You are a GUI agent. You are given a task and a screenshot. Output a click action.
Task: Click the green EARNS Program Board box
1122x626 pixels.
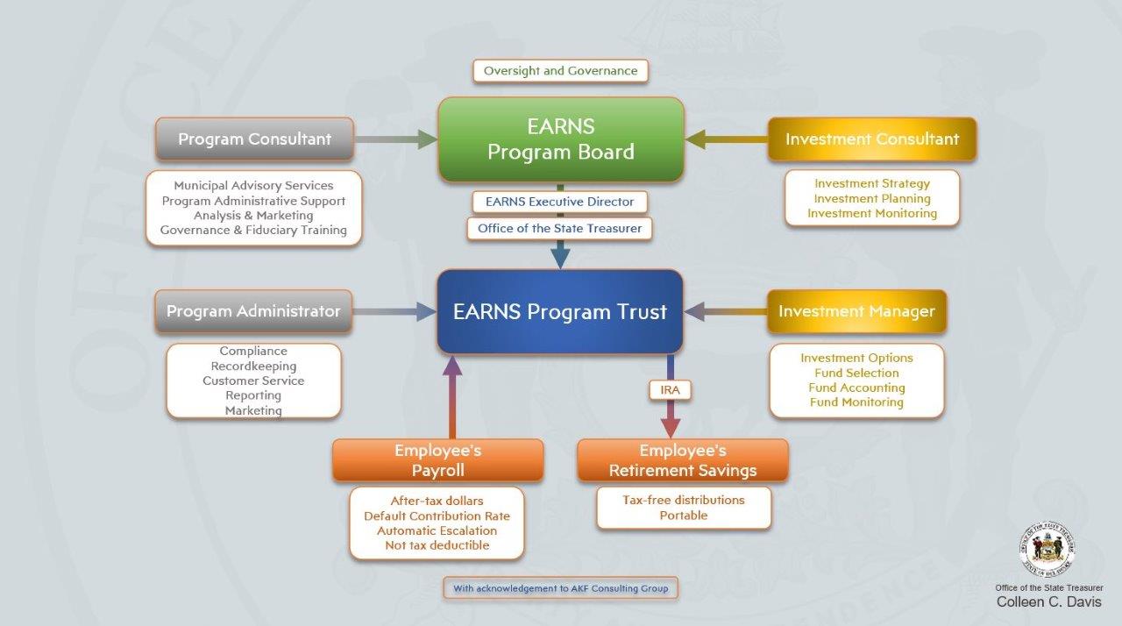pyautogui.click(x=561, y=139)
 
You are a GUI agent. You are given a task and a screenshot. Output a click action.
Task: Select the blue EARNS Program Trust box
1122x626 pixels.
pyautogui.click(x=560, y=311)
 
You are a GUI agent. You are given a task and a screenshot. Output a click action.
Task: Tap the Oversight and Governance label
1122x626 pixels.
pyautogui.click(x=561, y=71)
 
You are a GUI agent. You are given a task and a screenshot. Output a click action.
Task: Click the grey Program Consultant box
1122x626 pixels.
pyautogui.click(x=254, y=139)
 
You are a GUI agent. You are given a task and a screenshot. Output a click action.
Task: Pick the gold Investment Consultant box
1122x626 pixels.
pyautogui.click(x=871, y=139)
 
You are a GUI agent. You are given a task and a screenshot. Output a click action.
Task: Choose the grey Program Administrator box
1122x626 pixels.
pyautogui.click(x=253, y=311)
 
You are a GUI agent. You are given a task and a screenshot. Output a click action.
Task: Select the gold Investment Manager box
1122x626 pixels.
pyautogui.click(x=856, y=311)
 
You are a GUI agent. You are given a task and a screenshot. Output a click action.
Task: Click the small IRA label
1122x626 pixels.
pyautogui.click(x=670, y=389)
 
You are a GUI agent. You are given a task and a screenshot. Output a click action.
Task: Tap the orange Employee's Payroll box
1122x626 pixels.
pyautogui.click(x=437, y=460)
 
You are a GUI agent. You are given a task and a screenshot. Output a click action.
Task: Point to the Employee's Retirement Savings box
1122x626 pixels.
pyautogui.click(x=683, y=460)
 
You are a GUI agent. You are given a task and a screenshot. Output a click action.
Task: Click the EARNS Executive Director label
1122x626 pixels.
pyautogui.click(x=560, y=202)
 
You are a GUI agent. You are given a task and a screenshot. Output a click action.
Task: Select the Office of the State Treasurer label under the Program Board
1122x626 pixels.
pyautogui.click(x=560, y=228)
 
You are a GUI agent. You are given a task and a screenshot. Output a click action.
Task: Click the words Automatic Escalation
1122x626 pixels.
pyautogui.click(x=437, y=530)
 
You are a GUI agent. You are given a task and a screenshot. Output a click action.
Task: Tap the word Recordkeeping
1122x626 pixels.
pyautogui.click(x=253, y=366)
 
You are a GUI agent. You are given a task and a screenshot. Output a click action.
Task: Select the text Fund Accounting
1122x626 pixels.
pyautogui.click(x=856, y=388)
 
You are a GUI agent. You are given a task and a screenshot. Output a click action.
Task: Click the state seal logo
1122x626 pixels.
pyautogui.click(x=1047, y=551)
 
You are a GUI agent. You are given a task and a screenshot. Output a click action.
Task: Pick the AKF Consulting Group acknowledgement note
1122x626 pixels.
pyautogui.click(x=560, y=588)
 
